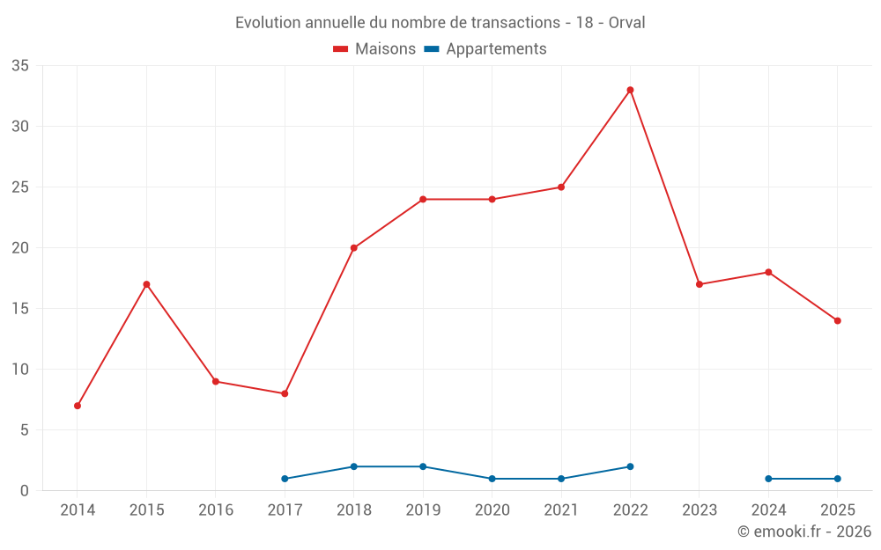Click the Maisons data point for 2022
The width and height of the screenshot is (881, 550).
coord(630,90)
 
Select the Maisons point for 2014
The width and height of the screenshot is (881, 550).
coord(78,406)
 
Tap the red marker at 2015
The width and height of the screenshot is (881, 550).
coord(146,284)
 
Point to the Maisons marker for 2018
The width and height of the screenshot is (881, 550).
coord(354,248)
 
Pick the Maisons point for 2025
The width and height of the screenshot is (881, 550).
coord(837,320)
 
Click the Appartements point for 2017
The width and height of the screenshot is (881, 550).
coord(285,479)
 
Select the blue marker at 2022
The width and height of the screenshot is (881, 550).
coord(630,466)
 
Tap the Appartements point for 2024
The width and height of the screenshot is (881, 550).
coord(768,479)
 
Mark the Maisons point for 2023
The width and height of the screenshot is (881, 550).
coord(700,284)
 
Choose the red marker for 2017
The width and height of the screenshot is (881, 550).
coord(285,393)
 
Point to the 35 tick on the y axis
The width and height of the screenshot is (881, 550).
coord(20,66)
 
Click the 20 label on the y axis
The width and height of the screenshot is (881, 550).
coord(20,248)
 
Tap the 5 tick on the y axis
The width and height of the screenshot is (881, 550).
coord(25,430)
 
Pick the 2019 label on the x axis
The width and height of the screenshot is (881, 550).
coord(423,510)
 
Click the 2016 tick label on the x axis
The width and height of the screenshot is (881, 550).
coord(216,510)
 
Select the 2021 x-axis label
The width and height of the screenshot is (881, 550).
coord(561,510)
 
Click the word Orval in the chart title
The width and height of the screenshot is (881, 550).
coord(626,23)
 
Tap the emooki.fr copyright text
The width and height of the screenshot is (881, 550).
coord(804,532)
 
